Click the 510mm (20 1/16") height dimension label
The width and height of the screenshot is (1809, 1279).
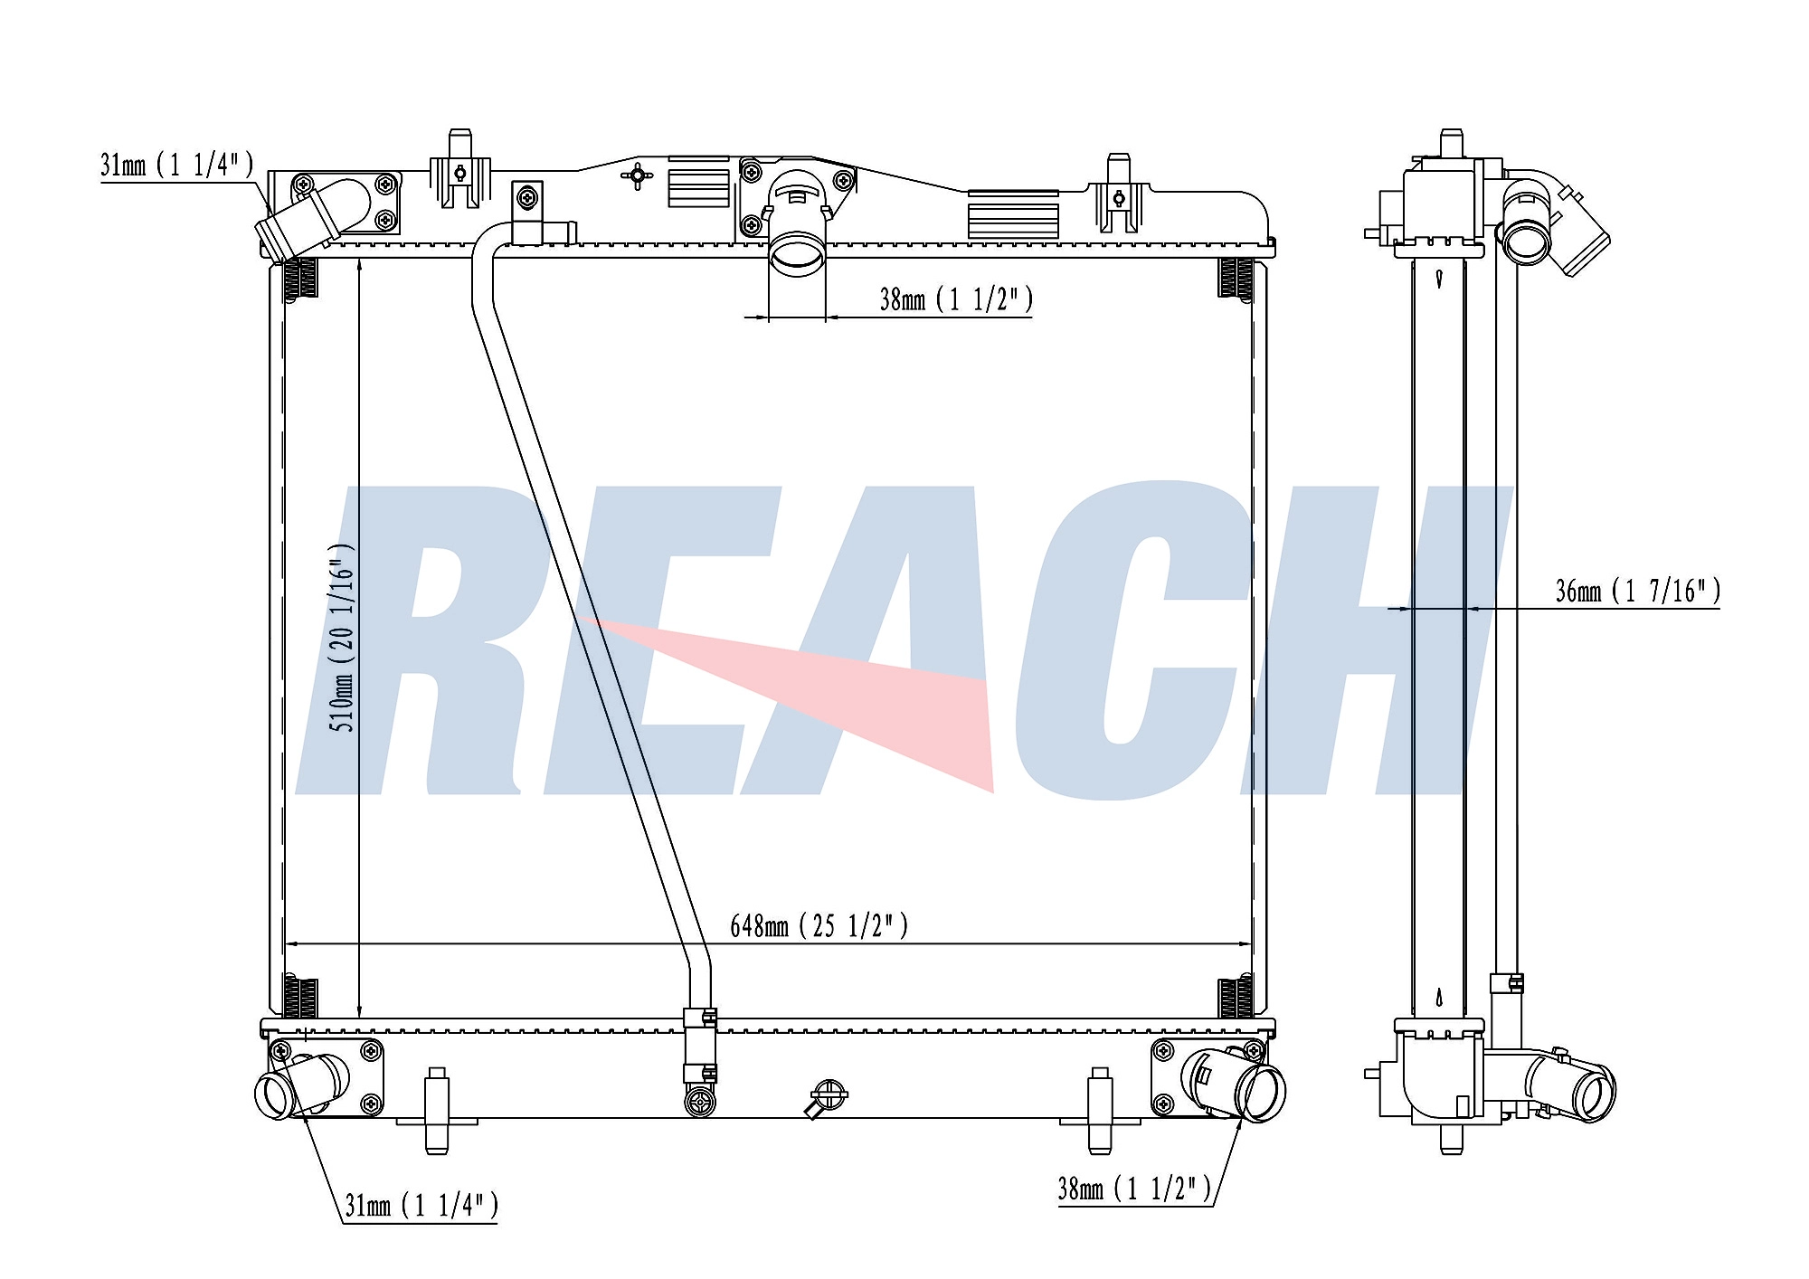(x=341, y=638)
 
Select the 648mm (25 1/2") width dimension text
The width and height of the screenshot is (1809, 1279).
(x=819, y=926)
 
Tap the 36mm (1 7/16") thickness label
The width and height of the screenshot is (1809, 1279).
(x=1637, y=591)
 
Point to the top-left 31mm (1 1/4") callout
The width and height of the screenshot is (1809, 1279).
(x=177, y=165)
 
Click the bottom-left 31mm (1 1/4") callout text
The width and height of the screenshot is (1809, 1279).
(x=421, y=1205)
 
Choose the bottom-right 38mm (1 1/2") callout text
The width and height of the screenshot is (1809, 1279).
(x=1134, y=1188)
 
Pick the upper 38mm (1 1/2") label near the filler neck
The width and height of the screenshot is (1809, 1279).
(x=956, y=298)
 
